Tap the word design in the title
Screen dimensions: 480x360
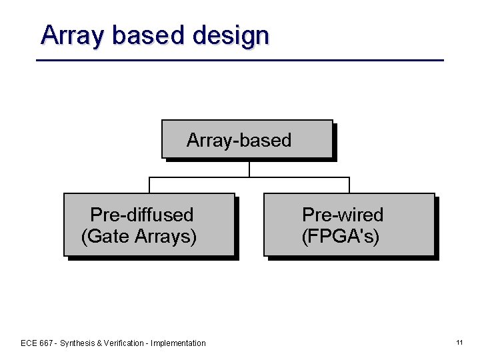230,35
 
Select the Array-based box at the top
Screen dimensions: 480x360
247,139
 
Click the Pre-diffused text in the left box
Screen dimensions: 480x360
141,215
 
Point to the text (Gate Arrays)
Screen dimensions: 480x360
139,236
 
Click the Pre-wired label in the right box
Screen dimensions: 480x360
343,215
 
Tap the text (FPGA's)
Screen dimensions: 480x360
341,236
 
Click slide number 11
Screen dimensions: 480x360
459,343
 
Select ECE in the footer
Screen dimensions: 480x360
29,343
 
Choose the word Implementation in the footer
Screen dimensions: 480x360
179,343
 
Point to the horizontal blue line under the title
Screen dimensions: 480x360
240,60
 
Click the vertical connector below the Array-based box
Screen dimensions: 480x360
249,169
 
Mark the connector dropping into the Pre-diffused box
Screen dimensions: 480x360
149,185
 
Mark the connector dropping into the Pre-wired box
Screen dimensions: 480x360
349,185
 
